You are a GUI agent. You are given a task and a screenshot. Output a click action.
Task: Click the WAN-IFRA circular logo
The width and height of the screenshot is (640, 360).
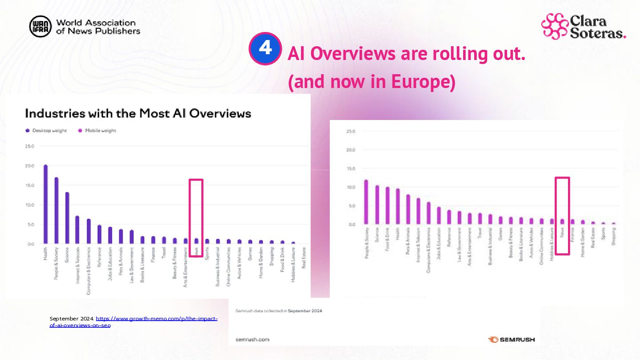tap(40, 27)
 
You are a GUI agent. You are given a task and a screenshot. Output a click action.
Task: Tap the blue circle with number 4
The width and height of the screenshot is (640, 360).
tap(265, 48)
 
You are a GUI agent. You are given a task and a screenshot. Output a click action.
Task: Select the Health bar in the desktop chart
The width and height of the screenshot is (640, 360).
tap(45, 204)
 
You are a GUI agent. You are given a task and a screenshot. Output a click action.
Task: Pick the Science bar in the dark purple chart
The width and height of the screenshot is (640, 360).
tap(67, 218)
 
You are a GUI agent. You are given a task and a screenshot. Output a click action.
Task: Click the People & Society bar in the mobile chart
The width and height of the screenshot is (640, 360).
tap(366, 202)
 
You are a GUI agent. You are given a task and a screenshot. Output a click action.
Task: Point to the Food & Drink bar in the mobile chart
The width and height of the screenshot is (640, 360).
tap(388, 205)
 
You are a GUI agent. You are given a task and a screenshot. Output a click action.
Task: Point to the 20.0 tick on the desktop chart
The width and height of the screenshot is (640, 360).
tap(30, 166)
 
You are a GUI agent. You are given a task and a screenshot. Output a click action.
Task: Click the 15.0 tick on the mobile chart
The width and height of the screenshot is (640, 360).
tap(350, 169)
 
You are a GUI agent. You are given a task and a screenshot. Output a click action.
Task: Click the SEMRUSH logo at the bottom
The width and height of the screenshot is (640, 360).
tap(512, 340)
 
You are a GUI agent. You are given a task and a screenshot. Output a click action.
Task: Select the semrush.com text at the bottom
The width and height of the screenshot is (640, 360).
tap(252, 340)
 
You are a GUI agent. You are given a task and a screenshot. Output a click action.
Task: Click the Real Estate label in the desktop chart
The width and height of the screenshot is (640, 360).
tap(304, 258)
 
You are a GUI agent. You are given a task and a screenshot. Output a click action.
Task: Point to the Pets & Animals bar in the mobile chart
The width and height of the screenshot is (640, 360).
tap(408, 209)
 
